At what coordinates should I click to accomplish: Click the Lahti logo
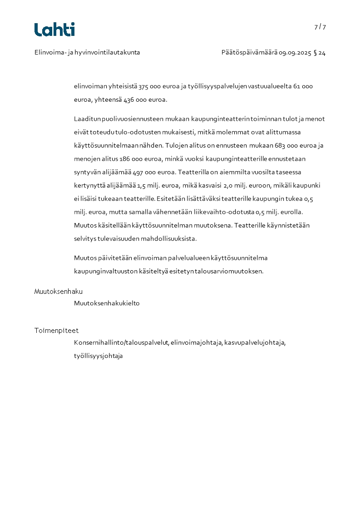click(54, 30)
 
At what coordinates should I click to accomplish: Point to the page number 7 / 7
click(320, 27)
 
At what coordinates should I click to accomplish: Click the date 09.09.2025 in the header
click(295, 53)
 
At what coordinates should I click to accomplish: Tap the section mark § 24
click(320, 53)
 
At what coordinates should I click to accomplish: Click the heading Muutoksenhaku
click(59, 292)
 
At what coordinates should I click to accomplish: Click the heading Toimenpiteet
click(56, 331)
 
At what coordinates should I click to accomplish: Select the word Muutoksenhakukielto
click(107, 303)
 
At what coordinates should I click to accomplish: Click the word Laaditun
click(87, 119)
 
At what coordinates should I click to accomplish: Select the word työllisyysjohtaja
click(99, 356)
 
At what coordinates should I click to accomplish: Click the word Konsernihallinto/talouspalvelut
click(121, 343)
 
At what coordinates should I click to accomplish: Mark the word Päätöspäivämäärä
click(249, 53)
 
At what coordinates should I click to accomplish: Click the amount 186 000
click(132, 159)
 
